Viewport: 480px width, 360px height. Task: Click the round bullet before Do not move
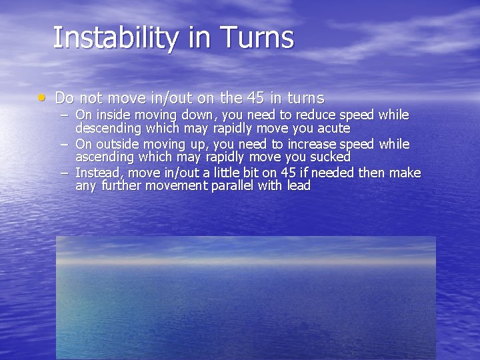coord(42,97)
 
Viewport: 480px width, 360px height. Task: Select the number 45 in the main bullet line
coord(255,98)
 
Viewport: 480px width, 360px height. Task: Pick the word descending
coord(108,128)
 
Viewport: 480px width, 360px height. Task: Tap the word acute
coord(333,128)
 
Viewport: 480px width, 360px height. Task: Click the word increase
coord(311,144)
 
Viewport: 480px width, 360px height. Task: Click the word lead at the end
coord(299,185)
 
